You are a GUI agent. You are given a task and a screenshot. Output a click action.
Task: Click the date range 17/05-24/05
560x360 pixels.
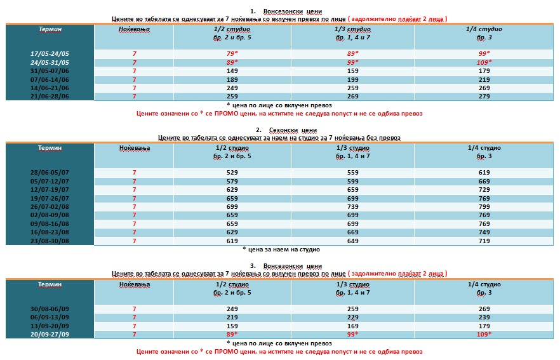(x=49, y=53)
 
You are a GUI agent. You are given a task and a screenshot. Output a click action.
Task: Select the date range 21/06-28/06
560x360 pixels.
(x=49, y=96)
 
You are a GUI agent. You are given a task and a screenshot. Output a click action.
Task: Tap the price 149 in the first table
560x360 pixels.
(x=232, y=70)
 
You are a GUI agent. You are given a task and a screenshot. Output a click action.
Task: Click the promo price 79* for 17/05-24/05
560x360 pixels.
(x=232, y=53)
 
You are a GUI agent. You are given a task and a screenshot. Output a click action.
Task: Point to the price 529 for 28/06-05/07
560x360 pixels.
(x=232, y=172)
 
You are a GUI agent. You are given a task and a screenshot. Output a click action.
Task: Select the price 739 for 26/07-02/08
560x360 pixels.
(x=356, y=206)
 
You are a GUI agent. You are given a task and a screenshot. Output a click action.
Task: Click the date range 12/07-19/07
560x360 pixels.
(x=49, y=189)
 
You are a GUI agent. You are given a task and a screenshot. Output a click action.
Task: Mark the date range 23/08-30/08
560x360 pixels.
(x=49, y=241)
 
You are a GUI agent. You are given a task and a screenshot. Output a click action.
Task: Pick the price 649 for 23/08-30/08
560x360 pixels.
(x=356, y=241)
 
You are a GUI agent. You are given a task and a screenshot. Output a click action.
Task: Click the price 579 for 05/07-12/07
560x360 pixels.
(x=232, y=181)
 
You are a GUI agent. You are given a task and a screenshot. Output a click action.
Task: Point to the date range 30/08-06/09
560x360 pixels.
(x=49, y=308)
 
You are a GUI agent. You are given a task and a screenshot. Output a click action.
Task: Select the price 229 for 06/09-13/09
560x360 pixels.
(x=356, y=317)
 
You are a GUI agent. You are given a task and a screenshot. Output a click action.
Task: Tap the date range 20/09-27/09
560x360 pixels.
(x=49, y=334)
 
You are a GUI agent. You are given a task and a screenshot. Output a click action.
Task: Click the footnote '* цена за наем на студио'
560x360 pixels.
(x=281, y=250)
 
